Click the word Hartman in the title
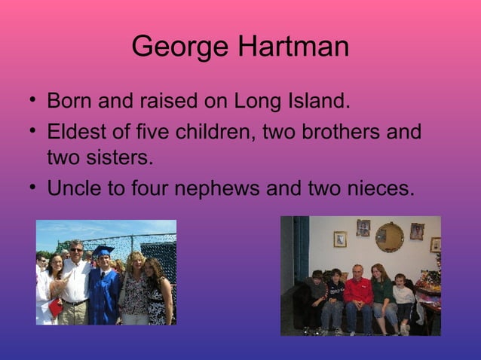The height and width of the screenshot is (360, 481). click(x=294, y=47)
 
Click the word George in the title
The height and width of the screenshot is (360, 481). click(x=181, y=47)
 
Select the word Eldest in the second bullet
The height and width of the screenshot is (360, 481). click(x=75, y=133)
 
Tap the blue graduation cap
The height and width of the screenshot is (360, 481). click(x=103, y=251)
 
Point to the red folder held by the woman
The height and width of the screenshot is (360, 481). click(x=54, y=307)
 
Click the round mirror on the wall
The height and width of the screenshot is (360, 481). click(x=390, y=236)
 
